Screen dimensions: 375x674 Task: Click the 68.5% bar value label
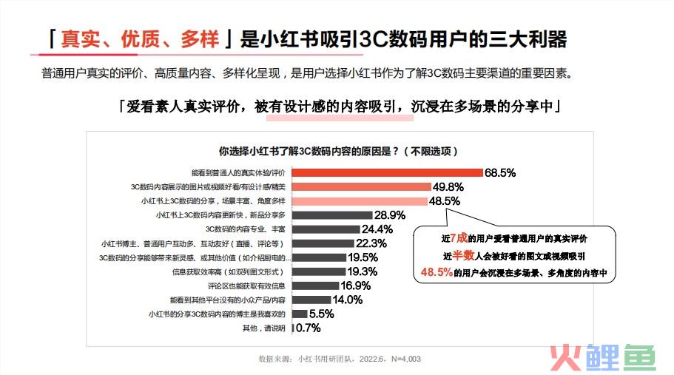pyautogui.click(x=500, y=172)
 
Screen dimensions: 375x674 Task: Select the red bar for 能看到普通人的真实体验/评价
pyautogui.click(x=388, y=172)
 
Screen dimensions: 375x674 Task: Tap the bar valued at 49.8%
pyautogui.click(x=362, y=186)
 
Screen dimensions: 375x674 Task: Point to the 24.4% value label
pyautogui.click(x=377, y=229)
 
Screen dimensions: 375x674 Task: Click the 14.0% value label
pyautogui.click(x=347, y=300)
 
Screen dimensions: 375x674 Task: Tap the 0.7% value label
pyautogui.click(x=308, y=328)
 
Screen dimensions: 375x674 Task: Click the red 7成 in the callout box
pyautogui.click(x=459, y=238)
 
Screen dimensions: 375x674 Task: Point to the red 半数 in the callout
pyautogui.click(x=463, y=255)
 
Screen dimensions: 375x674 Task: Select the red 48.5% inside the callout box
pyautogui.click(x=437, y=272)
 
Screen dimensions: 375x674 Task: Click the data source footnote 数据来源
pyautogui.click(x=340, y=359)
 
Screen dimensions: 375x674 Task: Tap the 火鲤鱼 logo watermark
pyautogui.click(x=600, y=357)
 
